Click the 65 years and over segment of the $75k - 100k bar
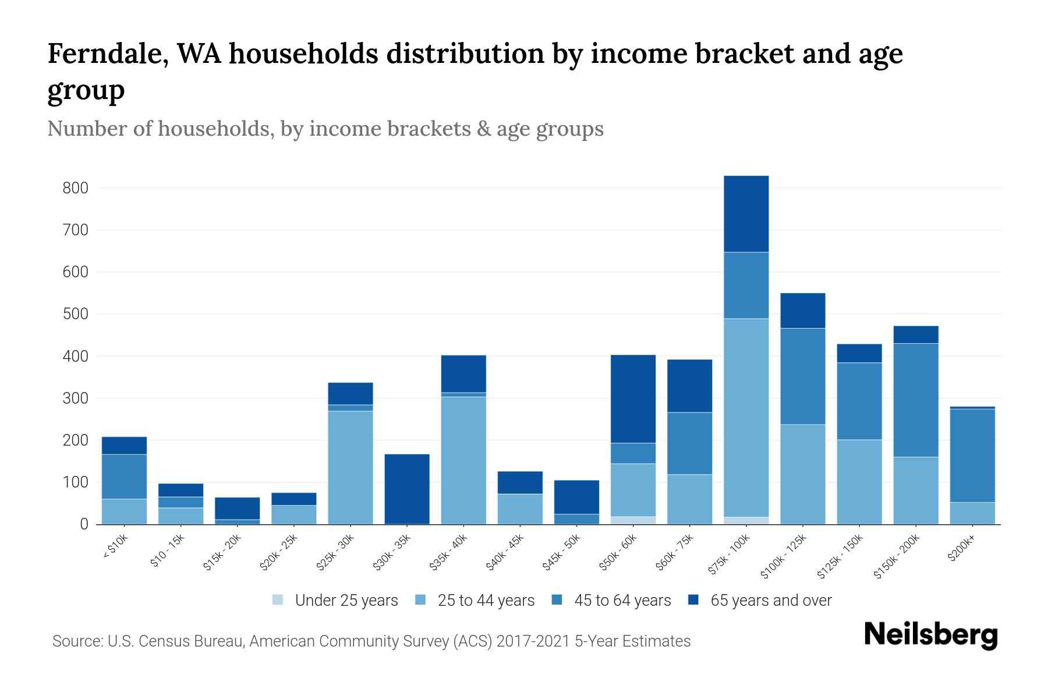coord(746,214)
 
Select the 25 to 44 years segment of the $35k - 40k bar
coord(463,460)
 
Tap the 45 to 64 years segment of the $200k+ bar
coord(972,456)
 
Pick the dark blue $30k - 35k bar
coord(407,489)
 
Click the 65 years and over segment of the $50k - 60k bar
coord(633,399)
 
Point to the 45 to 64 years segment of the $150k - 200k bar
coord(916,400)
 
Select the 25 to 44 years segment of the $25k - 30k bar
coord(350,467)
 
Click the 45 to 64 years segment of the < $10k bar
coord(124,476)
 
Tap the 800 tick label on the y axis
coord(76,188)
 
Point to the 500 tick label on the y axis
coord(76,314)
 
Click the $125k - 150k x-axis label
coord(842,557)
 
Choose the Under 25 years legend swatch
coord(278,600)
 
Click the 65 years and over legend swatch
coord(693,600)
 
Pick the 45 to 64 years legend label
coord(622,600)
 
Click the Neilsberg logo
coord(930,634)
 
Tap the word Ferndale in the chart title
coord(107,54)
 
